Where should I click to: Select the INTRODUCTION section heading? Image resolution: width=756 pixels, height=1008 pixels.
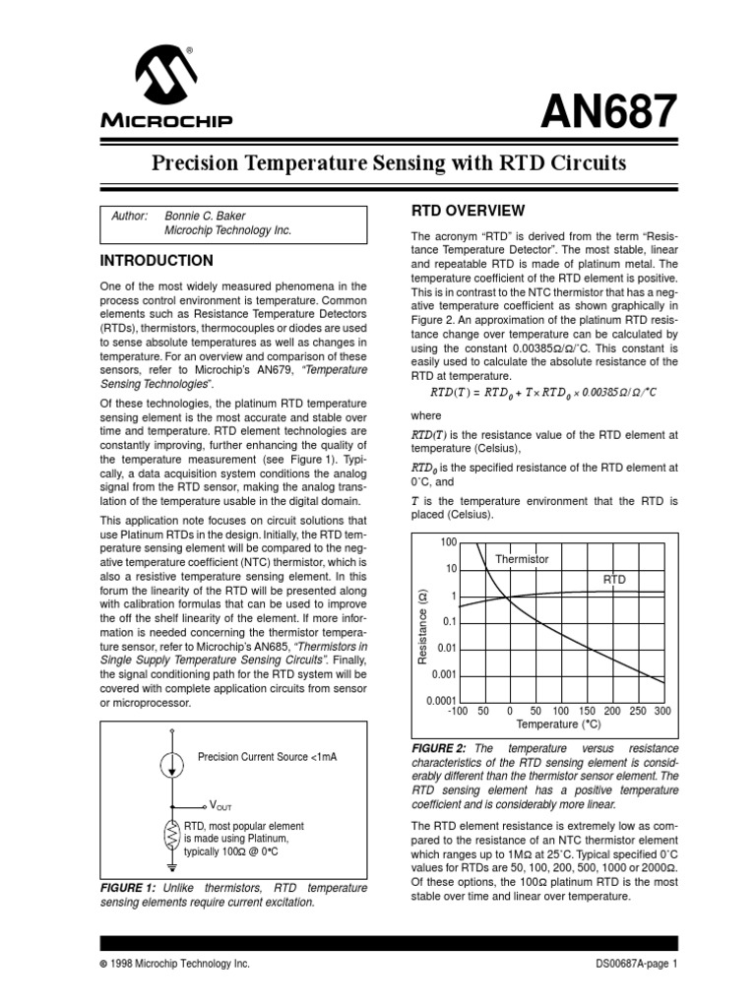pos(157,261)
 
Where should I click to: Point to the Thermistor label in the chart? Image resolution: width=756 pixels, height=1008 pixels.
pos(522,558)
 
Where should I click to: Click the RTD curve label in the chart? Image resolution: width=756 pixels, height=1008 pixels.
pos(614,580)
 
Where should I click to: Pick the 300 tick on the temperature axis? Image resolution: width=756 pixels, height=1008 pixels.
pos(661,711)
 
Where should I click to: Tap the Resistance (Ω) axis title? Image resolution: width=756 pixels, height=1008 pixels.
pos(421,624)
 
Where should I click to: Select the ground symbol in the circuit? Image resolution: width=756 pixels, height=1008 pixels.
pos(173,866)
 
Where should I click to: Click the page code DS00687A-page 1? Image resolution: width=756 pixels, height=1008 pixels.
pos(637,964)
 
